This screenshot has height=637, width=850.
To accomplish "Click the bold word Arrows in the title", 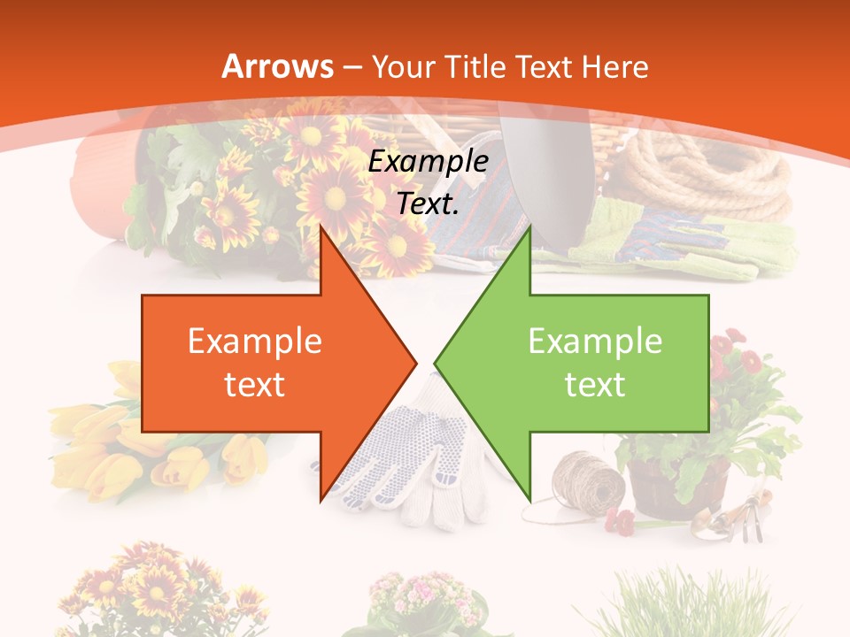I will (278, 66).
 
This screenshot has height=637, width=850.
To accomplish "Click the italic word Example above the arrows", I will (429, 161).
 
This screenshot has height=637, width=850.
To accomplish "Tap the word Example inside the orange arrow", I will (255, 341).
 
